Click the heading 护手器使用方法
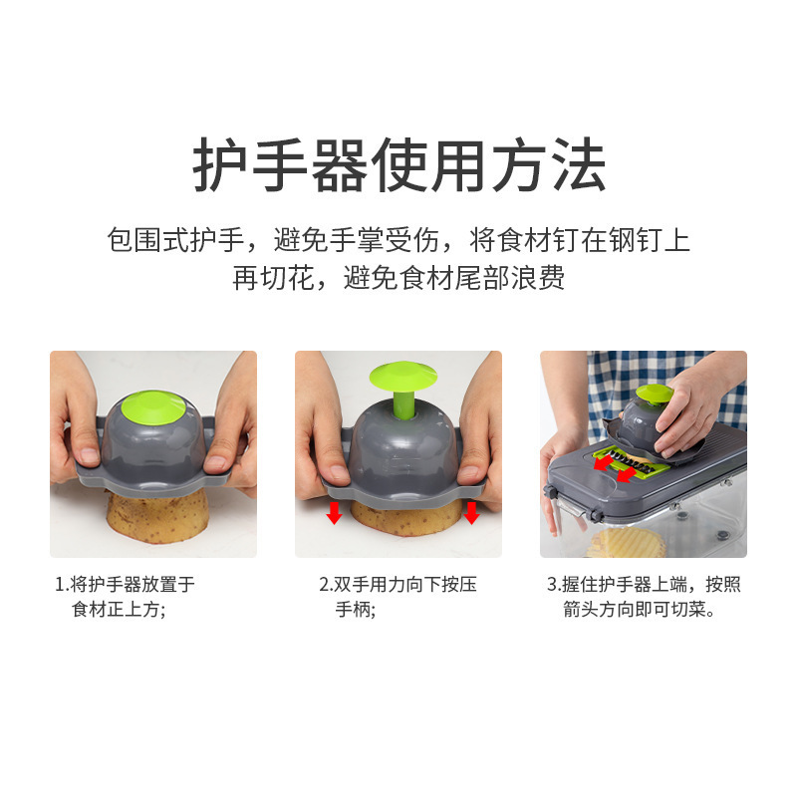[x=399, y=164]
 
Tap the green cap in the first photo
[x=153, y=407]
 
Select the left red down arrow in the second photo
[x=334, y=513]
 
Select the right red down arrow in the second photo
[x=471, y=513]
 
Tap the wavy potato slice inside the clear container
[x=627, y=543]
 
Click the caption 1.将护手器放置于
[x=126, y=584]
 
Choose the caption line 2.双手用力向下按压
[x=398, y=584]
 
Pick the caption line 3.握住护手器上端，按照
[x=644, y=584]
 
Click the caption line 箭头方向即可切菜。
[x=640, y=609]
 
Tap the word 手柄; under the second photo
[x=356, y=609]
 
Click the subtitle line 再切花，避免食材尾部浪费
[x=398, y=278]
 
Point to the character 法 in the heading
[x=579, y=164]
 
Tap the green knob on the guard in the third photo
[x=655, y=393]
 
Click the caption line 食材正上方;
[x=119, y=609]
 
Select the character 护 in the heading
[x=219, y=164]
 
